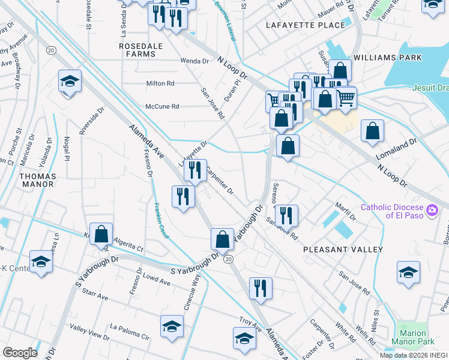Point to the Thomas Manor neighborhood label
click(x=37, y=181)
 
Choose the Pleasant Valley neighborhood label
click(x=343, y=249)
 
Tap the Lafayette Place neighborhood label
click(x=306, y=25)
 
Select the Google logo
click(x=20, y=353)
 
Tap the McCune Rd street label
click(x=162, y=107)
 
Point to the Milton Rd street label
click(x=160, y=83)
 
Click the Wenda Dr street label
click(x=194, y=61)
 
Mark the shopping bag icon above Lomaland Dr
click(x=373, y=131)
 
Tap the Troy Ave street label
click(x=250, y=323)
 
